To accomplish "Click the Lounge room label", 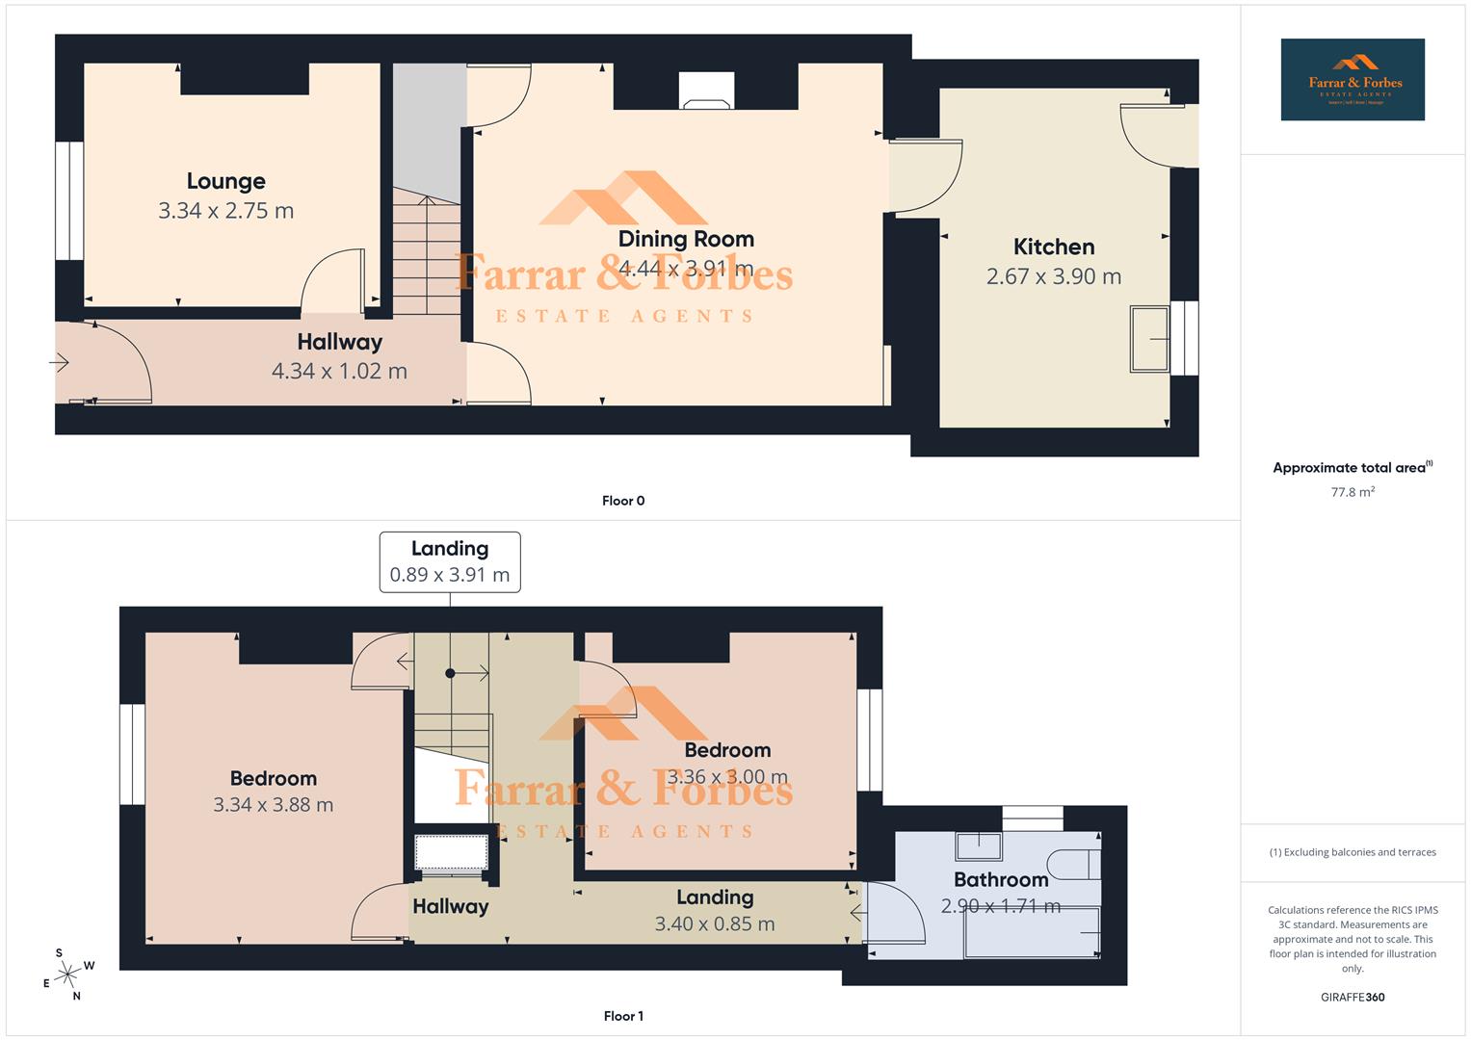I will coord(225,181).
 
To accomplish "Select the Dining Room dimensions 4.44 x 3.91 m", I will coord(685,268).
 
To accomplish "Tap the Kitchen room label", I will coord(1054,247).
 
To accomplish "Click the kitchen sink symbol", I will coord(1149,338).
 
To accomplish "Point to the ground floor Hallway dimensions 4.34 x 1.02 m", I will coord(339,371).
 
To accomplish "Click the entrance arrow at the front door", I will coord(59,363).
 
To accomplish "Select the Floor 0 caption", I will coord(623,501).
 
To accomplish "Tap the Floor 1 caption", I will coord(623,1016).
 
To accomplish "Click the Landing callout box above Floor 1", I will coord(450,561).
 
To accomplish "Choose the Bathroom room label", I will coord(1001,879).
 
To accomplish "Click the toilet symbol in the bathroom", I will coord(1073,865).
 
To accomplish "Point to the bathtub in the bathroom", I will coord(1031,931).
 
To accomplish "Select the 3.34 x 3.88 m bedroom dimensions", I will coord(273,805).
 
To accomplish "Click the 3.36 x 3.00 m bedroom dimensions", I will coord(727,776).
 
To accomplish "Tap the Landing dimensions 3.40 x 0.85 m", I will coord(714,923).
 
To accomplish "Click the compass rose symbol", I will coord(67,975).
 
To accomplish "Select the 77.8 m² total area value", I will coord(1353,492).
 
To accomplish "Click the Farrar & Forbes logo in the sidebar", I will coord(1353,80).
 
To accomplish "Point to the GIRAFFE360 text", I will coord(1353,997).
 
